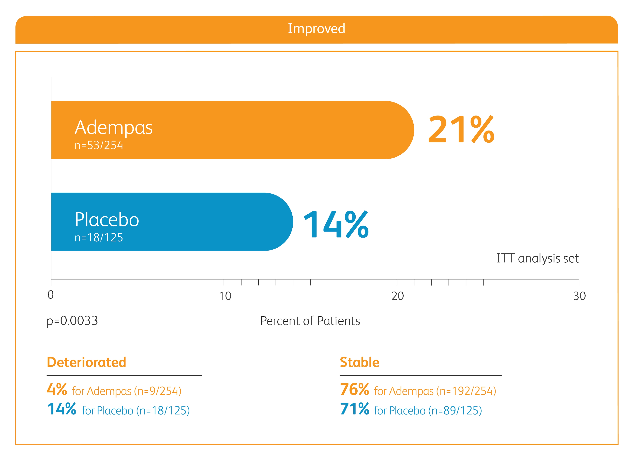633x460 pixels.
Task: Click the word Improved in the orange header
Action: tap(316, 29)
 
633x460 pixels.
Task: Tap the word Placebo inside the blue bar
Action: tap(107, 220)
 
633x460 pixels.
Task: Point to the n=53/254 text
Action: tap(99, 145)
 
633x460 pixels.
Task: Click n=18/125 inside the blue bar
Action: tap(99, 237)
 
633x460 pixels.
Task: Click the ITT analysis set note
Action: tap(538, 258)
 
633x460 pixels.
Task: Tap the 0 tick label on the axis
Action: tap(50, 295)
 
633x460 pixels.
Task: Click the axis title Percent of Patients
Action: tap(310, 321)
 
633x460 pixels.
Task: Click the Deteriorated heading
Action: tap(87, 362)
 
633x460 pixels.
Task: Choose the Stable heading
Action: tap(360, 362)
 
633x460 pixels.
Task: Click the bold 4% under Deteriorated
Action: tap(57, 389)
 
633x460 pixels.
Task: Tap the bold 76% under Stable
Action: tap(354, 389)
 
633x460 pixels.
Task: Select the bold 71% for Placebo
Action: tap(354, 409)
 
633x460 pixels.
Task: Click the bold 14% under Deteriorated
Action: tap(62, 409)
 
